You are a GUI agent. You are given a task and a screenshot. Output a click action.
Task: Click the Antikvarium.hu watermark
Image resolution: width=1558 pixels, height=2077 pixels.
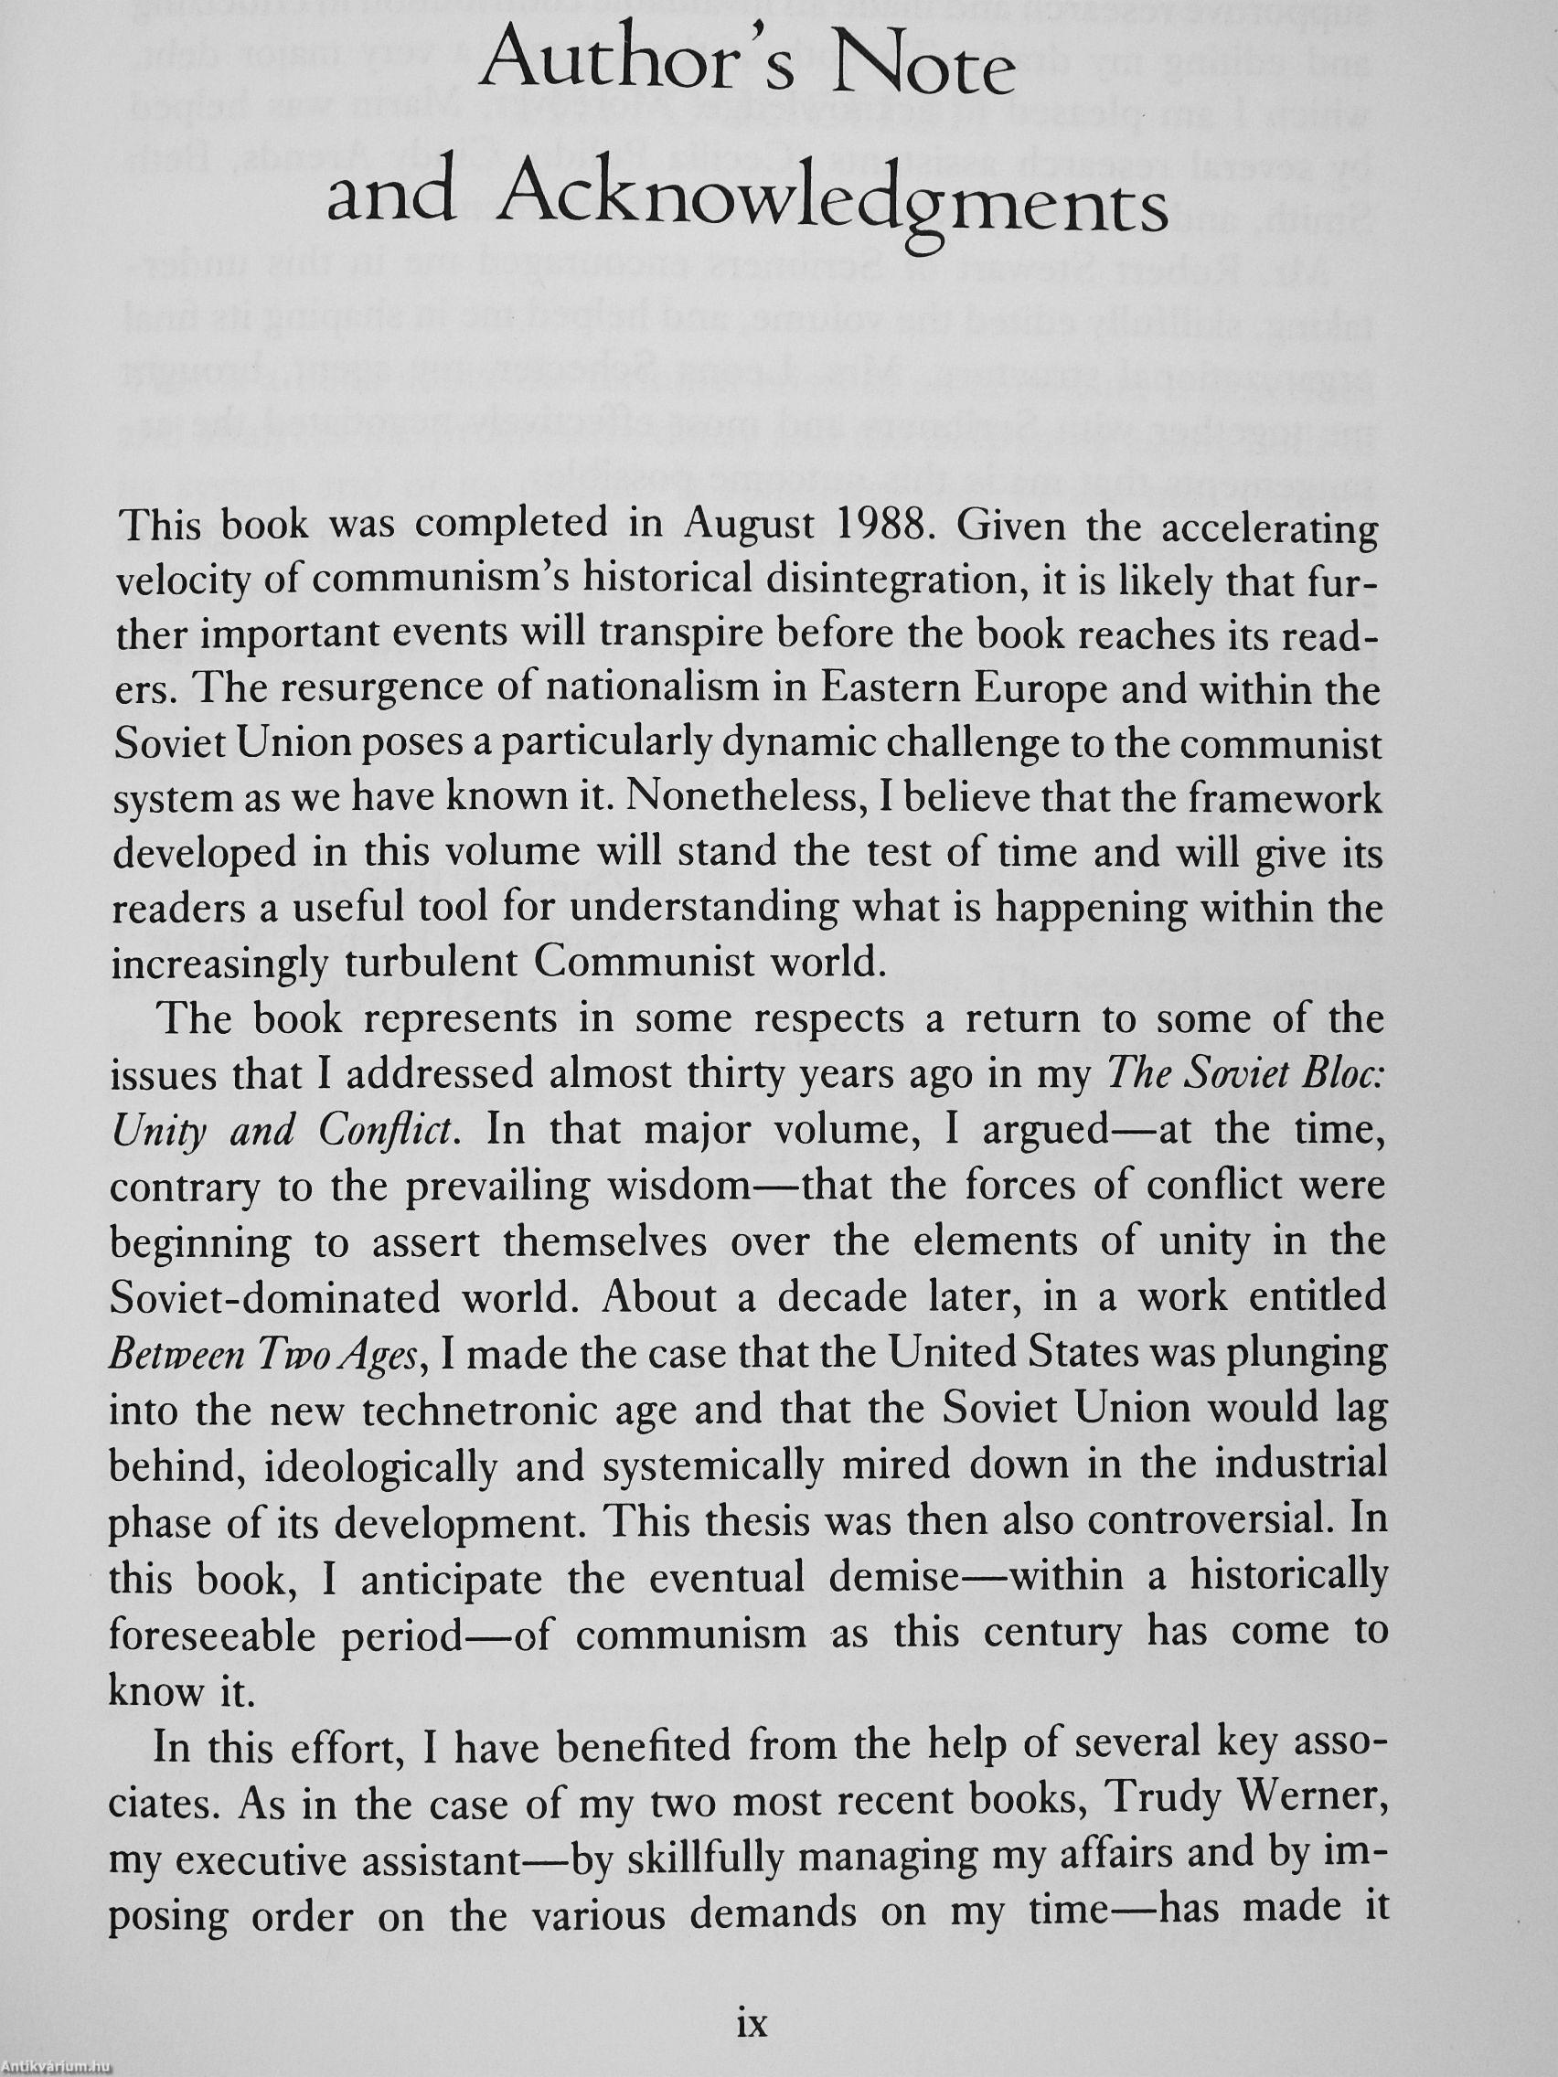click(57, 2067)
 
